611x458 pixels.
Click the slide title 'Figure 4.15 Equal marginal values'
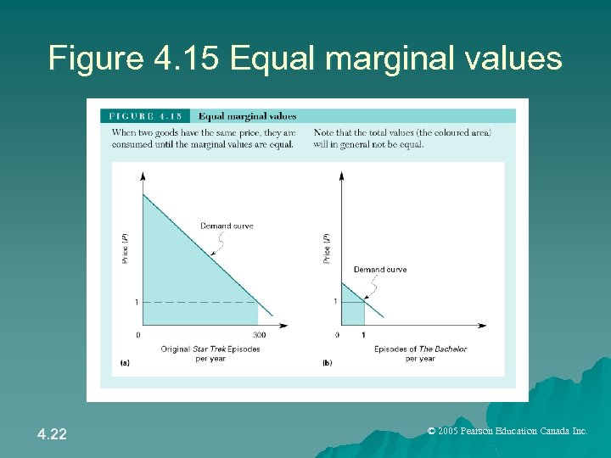click(305, 59)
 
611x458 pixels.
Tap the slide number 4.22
click(53, 435)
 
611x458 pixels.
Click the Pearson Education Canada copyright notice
click(507, 432)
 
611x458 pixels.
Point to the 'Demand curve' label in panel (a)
click(227, 226)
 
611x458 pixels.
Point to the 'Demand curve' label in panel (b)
click(379, 270)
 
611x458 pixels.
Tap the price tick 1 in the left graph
click(137, 302)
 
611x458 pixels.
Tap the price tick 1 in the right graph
click(335, 301)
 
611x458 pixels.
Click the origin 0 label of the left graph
click(138, 335)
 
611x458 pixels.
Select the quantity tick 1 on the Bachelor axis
click(364, 335)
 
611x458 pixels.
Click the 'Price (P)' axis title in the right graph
click(327, 248)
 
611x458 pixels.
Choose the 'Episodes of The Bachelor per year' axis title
click(420, 354)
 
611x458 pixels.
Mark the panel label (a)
click(125, 363)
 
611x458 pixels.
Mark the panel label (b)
click(327, 363)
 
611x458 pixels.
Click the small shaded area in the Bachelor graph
click(351, 310)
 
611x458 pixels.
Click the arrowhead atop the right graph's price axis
click(342, 176)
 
